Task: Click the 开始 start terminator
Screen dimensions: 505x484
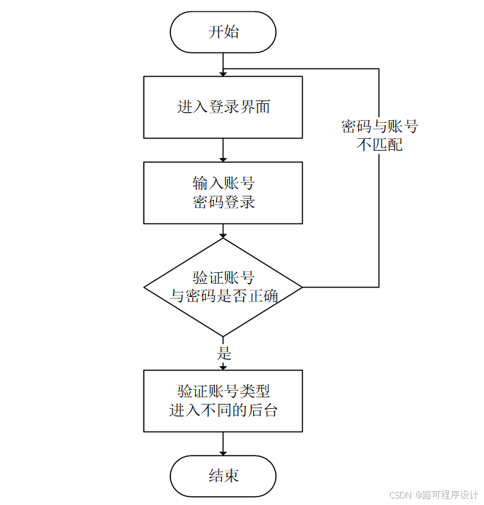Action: coord(223,32)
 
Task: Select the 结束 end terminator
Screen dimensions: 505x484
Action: coord(223,477)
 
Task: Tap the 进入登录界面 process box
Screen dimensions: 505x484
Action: coord(223,108)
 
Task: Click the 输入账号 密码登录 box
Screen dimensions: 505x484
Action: coord(223,192)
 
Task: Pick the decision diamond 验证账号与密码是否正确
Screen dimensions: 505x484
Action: coord(223,287)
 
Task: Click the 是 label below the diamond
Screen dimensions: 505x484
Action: coord(224,354)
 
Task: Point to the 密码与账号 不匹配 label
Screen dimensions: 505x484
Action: coord(379,135)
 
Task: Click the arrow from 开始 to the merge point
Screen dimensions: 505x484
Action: coord(223,61)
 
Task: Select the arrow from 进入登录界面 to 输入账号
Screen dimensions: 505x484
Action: coord(223,150)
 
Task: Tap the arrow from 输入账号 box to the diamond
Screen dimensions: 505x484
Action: coord(223,231)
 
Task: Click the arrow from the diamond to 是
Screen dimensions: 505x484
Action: coord(223,340)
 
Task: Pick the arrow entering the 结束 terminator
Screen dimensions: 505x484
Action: coord(223,445)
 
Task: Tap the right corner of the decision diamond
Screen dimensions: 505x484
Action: coord(301,287)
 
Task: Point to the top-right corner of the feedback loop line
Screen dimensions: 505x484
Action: coord(379,69)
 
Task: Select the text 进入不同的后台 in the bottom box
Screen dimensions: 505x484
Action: coord(223,410)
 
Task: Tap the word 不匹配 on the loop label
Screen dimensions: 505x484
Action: coord(379,145)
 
